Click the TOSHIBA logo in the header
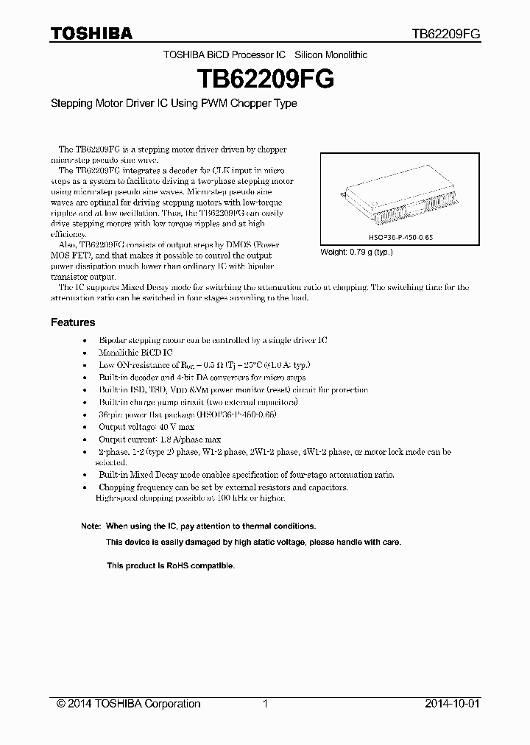[x=91, y=33]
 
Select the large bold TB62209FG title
[x=265, y=79]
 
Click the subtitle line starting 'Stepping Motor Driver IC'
[x=174, y=104]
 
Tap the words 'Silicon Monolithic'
[x=331, y=55]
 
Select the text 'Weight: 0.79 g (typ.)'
[x=356, y=252]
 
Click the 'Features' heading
[x=73, y=322]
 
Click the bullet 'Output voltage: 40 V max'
[x=146, y=427]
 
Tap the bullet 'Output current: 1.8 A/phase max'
[x=160, y=439]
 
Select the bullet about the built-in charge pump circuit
[x=198, y=402]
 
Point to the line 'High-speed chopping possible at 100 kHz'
[x=190, y=498]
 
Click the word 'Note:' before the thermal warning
[x=91, y=526]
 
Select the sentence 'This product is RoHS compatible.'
[x=171, y=566]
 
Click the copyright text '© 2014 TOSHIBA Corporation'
[x=129, y=704]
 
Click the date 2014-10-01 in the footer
[x=452, y=704]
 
